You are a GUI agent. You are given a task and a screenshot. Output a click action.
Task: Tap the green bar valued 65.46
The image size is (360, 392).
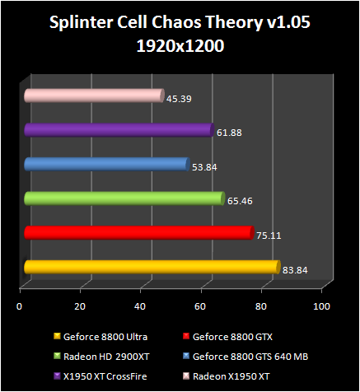pos(124,198)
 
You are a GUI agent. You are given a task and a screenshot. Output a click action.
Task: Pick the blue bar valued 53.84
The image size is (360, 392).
pos(106,164)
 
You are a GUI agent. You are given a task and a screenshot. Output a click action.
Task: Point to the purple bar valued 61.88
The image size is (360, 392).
pos(119,129)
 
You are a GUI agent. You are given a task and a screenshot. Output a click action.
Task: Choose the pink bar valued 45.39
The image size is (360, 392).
pos(93,96)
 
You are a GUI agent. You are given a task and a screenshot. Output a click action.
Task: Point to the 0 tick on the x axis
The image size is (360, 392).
pos(20,306)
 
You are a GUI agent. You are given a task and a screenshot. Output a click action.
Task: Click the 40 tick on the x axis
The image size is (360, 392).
pos(141,306)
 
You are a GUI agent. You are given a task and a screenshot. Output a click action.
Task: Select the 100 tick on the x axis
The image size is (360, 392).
pos(322,306)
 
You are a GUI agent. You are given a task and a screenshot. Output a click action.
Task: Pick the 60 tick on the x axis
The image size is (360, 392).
pos(201,306)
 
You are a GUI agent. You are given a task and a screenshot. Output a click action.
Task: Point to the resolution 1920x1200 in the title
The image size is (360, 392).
pos(179,47)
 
